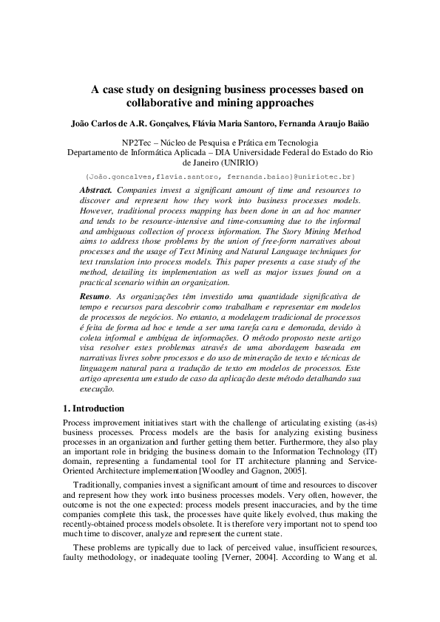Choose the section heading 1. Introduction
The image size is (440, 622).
94,408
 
